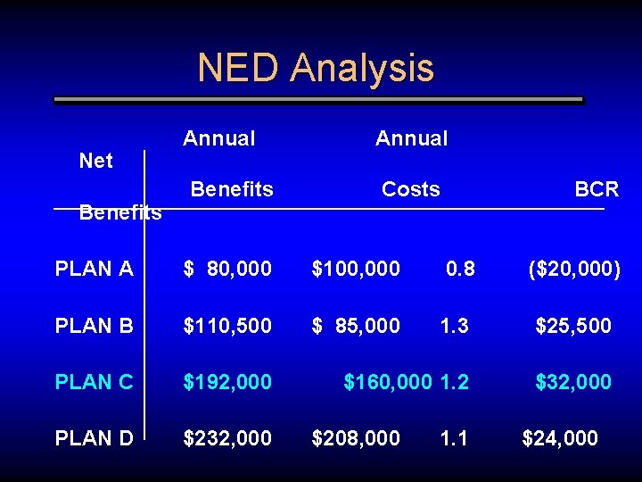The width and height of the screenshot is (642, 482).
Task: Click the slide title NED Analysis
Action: [316, 68]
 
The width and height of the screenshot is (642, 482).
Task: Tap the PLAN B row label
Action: [94, 326]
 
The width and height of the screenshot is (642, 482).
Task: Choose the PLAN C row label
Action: [94, 382]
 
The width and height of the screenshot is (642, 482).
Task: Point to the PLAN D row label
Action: [94, 438]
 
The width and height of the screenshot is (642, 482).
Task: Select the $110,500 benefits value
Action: [227, 326]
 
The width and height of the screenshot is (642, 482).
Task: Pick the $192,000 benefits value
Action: [227, 382]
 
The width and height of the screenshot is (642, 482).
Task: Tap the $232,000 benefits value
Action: [227, 438]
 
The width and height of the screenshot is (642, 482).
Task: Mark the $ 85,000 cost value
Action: [355, 326]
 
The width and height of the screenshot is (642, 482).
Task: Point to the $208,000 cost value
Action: [355, 438]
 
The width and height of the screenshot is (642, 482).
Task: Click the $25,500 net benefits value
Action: [573, 326]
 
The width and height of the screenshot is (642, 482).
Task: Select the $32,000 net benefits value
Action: [573, 382]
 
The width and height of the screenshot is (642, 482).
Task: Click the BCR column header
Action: [597, 189]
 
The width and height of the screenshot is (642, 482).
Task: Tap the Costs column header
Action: [410, 189]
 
